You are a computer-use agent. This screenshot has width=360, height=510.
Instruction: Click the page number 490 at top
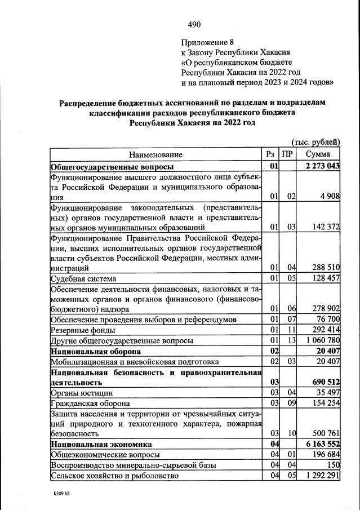pyautogui.click(x=194, y=24)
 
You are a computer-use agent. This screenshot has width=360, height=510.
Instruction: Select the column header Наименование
pyautogui.click(x=155, y=154)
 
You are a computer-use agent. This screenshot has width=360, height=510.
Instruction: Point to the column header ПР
pyautogui.click(x=287, y=154)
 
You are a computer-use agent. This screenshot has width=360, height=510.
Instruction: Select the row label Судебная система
pyautogui.click(x=83, y=278)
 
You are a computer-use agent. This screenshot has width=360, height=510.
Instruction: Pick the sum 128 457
pyautogui.click(x=326, y=278)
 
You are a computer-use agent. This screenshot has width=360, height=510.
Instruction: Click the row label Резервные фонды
pyautogui.click(x=83, y=330)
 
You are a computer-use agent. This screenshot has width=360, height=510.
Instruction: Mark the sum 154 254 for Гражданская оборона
pyautogui.click(x=326, y=403)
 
